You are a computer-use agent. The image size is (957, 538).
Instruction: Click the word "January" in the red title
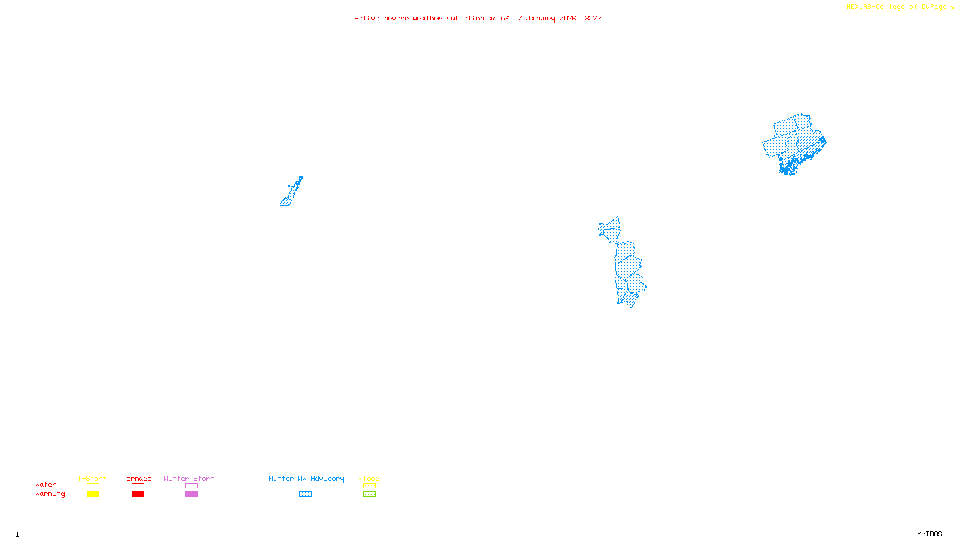(540, 18)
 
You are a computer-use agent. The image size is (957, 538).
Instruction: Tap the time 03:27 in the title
(591, 18)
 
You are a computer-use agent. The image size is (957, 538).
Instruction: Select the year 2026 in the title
(568, 18)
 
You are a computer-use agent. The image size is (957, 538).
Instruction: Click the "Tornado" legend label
(137, 478)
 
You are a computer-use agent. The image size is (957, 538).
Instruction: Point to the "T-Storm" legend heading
(92, 478)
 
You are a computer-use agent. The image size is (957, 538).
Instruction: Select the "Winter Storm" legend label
(189, 478)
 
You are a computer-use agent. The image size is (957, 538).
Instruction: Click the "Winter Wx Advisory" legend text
(306, 478)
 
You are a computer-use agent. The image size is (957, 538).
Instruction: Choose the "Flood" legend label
(369, 478)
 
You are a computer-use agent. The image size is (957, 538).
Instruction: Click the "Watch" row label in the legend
(46, 484)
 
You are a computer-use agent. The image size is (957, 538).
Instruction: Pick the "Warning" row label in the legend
(50, 494)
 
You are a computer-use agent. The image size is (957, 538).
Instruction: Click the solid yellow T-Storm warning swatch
(93, 494)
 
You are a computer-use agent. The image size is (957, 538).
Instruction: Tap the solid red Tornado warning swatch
(138, 494)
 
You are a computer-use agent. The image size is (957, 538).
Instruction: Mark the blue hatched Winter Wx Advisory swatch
(305, 494)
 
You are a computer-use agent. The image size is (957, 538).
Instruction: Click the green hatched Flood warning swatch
(369, 494)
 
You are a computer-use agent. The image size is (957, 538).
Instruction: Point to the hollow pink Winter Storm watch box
(191, 486)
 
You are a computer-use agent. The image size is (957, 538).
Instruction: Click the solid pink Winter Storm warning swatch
(191, 494)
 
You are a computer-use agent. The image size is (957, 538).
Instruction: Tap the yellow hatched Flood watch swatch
(369, 486)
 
